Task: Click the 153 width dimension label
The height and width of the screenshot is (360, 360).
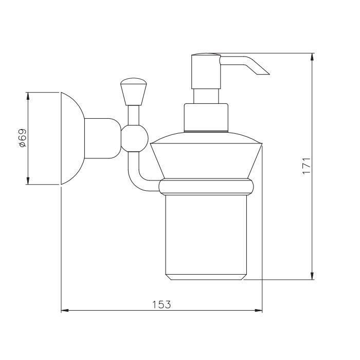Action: pos(161,304)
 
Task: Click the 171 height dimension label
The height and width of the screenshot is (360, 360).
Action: pos(307,166)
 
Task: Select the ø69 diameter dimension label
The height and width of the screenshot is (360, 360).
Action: pos(23,138)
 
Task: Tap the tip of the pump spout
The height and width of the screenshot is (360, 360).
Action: pos(269,74)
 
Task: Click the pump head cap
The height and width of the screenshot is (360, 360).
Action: pos(206,71)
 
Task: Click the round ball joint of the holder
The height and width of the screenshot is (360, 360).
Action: pos(135,138)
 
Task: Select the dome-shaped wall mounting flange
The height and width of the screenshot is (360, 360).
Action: pos(73,138)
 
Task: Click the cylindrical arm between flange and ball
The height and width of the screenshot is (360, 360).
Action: pos(103,138)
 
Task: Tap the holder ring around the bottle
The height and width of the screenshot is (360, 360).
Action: pos(206,187)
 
